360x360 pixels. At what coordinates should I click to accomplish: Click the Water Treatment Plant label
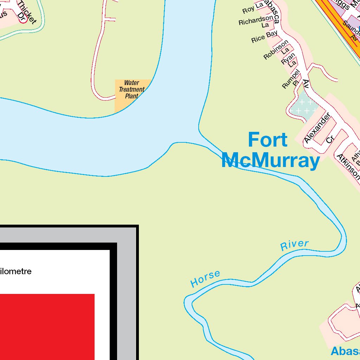[x=131, y=89]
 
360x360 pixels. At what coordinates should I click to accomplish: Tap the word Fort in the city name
[x=268, y=140]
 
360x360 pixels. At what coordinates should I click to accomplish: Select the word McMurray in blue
[x=270, y=161]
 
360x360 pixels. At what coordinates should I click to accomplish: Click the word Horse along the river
[x=205, y=278]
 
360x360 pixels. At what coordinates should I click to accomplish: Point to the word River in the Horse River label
[x=294, y=245]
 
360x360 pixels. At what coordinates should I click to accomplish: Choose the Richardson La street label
[x=256, y=21]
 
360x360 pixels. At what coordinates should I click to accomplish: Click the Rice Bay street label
[x=264, y=37]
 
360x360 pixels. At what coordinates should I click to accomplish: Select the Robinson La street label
[x=277, y=51]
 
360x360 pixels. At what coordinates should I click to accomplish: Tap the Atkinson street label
[x=348, y=166]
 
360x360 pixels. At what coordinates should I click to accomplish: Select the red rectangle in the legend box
[x=47, y=327]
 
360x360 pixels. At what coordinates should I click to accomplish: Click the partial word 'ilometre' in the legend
[x=16, y=271]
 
